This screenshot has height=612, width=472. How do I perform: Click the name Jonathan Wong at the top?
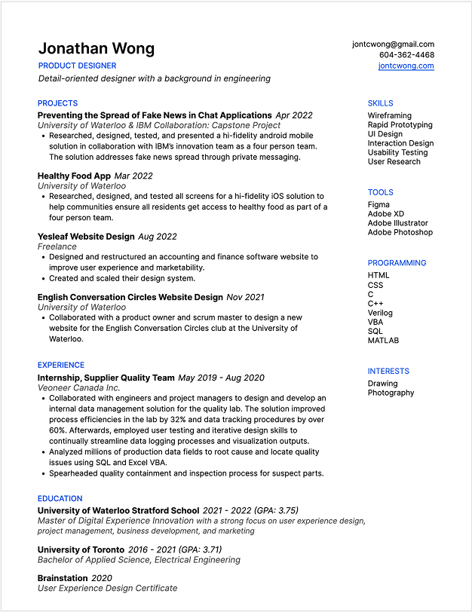click(97, 49)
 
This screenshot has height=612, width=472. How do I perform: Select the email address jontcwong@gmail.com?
click(393, 44)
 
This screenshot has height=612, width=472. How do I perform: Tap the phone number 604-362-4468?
click(406, 55)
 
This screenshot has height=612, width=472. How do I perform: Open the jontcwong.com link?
click(406, 66)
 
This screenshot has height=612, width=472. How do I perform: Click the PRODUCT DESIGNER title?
click(77, 66)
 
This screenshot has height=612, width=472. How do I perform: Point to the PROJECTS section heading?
click(57, 103)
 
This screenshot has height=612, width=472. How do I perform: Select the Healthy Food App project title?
click(74, 176)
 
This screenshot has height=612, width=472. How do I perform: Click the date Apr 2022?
click(293, 115)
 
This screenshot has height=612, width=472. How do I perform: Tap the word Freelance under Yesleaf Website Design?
click(57, 246)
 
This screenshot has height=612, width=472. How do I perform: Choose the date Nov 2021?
click(245, 297)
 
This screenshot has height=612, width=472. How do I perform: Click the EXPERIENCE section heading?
click(61, 365)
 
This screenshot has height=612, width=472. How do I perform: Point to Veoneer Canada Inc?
click(78, 387)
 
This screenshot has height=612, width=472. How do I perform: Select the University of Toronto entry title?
click(81, 549)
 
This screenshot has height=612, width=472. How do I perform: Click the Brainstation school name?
click(63, 578)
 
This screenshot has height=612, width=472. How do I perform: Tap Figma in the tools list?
click(379, 204)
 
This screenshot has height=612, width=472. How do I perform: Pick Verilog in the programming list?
click(380, 313)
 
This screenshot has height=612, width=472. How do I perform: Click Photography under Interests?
click(391, 393)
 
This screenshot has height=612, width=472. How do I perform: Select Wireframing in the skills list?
click(389, 116)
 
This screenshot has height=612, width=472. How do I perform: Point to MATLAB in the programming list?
click(383, 340)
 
